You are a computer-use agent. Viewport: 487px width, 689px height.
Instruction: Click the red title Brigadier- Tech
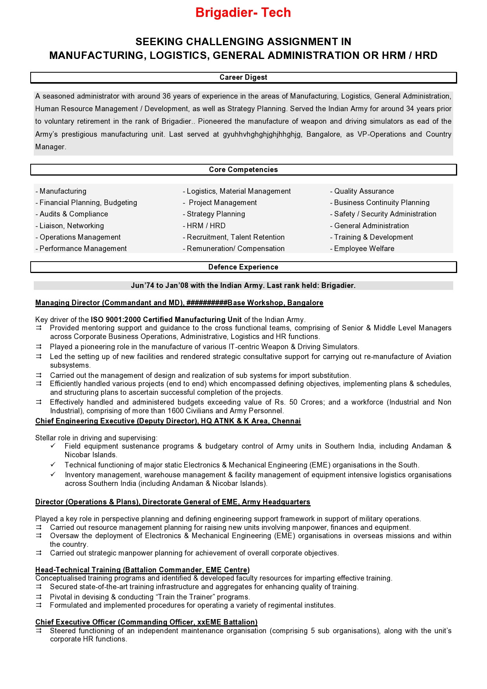[x=243, y=13]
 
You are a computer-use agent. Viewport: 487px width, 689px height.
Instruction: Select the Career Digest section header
[x=243, y=77]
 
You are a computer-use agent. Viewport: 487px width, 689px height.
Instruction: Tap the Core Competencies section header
[x=243, y=170]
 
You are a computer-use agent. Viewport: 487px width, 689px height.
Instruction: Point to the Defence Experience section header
[x=243, y=267]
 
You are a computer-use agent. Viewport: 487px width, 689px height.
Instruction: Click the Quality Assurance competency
[x=364, y=191]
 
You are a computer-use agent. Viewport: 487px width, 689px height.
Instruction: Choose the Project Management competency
[x=223, y=203]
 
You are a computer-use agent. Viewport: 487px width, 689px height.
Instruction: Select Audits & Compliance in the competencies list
[x=73, y=214]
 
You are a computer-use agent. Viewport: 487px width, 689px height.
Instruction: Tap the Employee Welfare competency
[x=364, y=249]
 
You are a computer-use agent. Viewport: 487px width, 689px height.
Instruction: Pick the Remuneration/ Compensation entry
[x=235, y=249]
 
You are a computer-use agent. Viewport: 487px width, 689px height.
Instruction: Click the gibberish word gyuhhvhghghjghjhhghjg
[x=262, y=134]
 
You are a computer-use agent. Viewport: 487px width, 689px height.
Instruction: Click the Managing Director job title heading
[x=179, y=303]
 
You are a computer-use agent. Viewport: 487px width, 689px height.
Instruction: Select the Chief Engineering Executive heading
[x=168, y=421]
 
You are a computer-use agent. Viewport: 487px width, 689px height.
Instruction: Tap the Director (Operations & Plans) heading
[x=172, y=502]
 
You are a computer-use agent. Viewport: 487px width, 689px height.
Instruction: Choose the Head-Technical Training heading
[x=142, y=570]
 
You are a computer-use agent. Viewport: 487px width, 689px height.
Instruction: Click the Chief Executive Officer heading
[x=146, y=622]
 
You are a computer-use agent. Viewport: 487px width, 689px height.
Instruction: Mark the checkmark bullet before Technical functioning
[x=53, y=465]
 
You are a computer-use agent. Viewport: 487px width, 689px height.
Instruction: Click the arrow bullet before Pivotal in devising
[x=38, y=597]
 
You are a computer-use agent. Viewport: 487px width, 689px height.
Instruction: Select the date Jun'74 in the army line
[x=142, y=286]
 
